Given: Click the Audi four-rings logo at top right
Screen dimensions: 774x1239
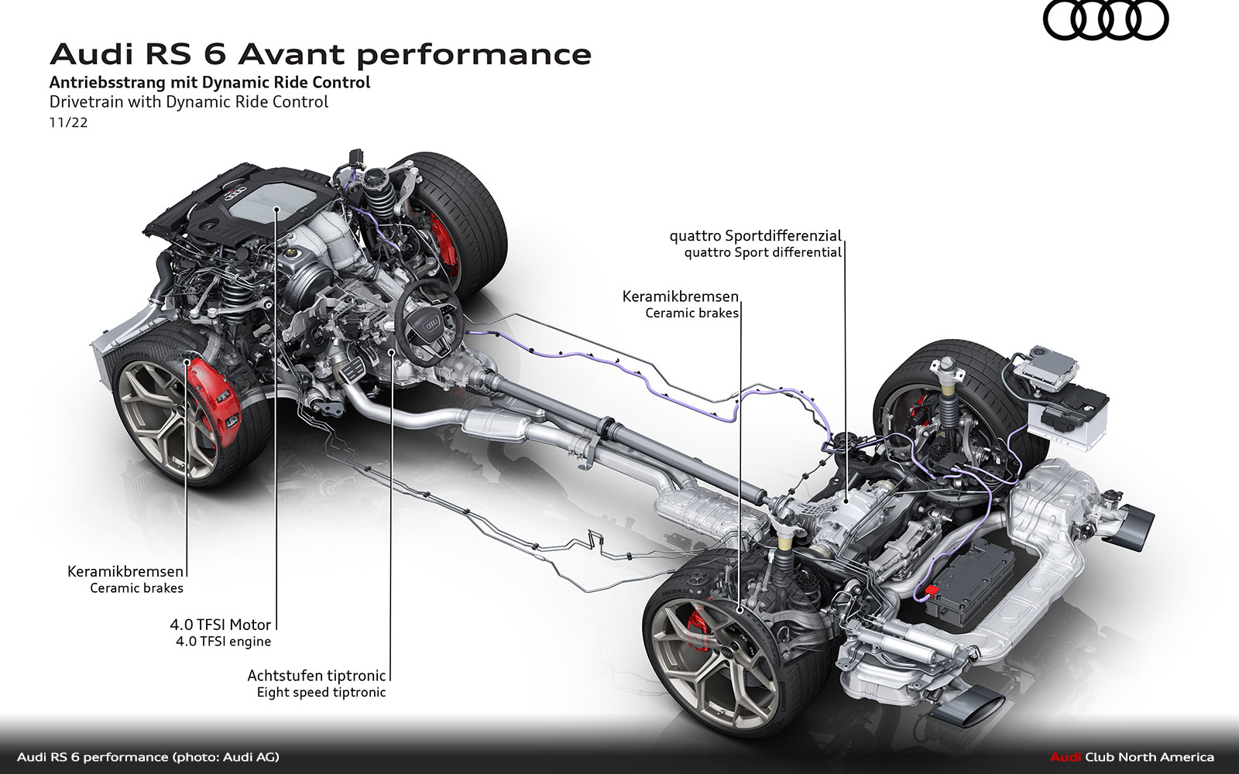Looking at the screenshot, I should click(x=1105, y=21).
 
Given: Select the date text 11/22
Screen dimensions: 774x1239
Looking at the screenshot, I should click(x=68, y=122).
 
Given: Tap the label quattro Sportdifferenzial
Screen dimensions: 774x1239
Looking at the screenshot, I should click(x=757, y=235).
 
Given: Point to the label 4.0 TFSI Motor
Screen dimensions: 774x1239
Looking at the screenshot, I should click(x=221, y=625).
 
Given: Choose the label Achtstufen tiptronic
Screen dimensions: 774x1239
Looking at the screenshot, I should click(x=316, y=675).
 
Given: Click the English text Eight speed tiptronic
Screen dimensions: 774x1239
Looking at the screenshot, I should click(x=321, y=693).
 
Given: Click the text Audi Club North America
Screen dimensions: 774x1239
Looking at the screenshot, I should click(x=1131, y=757).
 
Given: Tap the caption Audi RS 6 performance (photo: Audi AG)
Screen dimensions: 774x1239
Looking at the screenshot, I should click(x=148, y=757).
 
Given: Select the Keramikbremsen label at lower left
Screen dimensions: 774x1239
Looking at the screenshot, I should click(x=126, y=572).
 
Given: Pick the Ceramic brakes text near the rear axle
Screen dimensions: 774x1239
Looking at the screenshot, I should click(x=692, y=313).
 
